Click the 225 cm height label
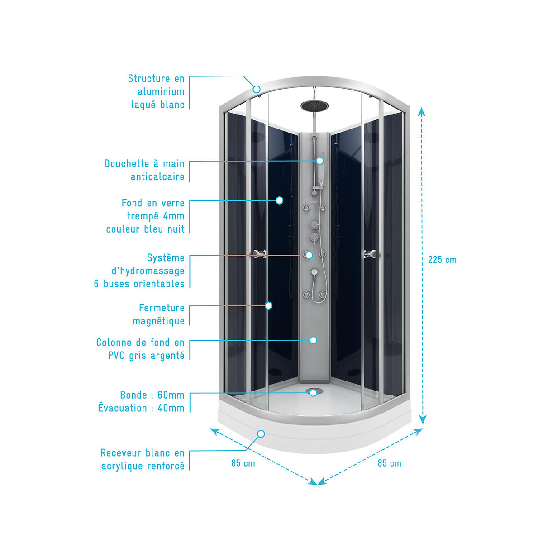coord(442,260)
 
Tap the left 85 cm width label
coord(243,463)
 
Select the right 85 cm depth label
coord(389,463)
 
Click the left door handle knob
coord(259,253)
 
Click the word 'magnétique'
coord(158,321)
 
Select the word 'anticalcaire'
coord(157,177)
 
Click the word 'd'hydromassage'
coord(148,271)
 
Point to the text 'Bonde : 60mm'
coord(152,395)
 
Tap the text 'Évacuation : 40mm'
coord(141,408)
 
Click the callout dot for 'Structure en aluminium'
coord(257,89)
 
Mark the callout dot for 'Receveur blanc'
coord(261,434)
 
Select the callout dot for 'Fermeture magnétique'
coord(268,305)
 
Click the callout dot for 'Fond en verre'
coord(279,200)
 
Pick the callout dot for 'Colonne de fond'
coord(313,340)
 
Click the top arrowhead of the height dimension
coord(422,111)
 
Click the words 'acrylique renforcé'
coord(143,466)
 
